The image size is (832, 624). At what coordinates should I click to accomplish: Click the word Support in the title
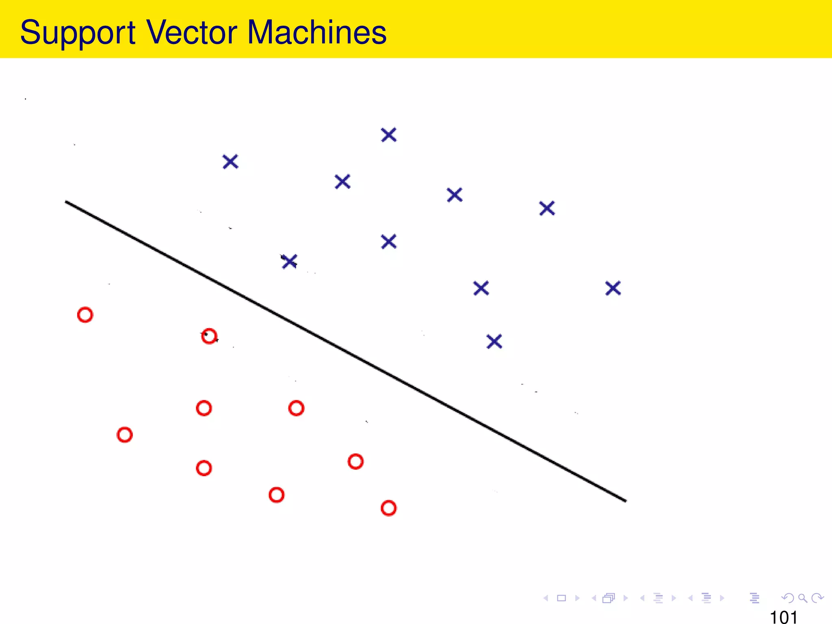pos(77,32)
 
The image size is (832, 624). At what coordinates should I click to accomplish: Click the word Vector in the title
pos(191,32)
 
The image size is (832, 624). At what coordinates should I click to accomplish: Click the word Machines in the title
pos(316,32)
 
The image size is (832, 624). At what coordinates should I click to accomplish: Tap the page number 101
pos(783,617)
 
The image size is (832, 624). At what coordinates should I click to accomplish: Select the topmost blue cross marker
pos(389,135)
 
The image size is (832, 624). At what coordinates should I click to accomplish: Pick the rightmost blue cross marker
pos(613,288)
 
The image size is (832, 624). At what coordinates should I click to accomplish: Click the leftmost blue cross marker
pos(230,162)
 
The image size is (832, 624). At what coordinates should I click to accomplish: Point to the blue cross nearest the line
pos(289,261)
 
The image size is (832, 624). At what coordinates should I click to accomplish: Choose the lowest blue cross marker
pos(494,342)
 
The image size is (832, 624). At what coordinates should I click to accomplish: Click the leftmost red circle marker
pos(85,315)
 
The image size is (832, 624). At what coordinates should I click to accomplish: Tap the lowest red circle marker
pos(388,508)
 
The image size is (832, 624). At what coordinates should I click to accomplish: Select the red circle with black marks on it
pos(209,336)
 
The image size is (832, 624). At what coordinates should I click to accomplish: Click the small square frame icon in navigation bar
pos(561,598)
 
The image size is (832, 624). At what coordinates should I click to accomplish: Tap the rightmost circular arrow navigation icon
pos(817,598)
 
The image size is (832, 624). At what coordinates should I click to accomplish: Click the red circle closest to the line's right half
pos(355,461)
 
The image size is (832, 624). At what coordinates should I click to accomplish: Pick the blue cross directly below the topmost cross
pos(389,242)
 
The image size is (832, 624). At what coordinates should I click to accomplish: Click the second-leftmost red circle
pos(125,435)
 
